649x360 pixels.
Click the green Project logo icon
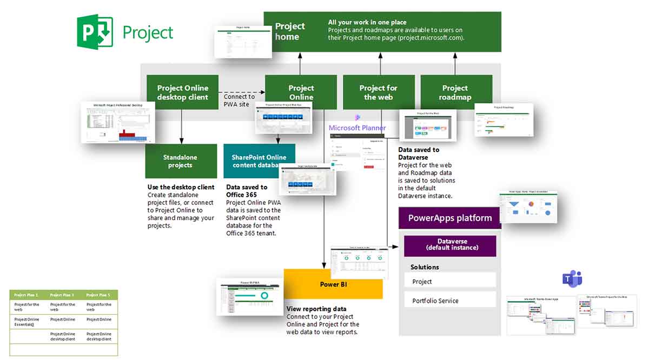pyautogui.click(x=95, y=32)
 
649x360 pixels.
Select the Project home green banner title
pyautogui.click(x=290, y=31)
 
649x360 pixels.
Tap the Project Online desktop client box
pyautogui.click(x=182, y=92)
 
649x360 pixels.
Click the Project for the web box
pyautogui.click(x=378, y=92)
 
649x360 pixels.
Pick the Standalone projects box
pyautogui.click(x=181, y=161)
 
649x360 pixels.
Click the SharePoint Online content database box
pyautogui.click(x=259, y=161)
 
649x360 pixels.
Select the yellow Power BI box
pyautogui.click(x=333, y=284)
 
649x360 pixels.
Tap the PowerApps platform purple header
pyautogui.click(x=449, y=218)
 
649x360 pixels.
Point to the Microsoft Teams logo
pyautogui.click(x=572, y=279)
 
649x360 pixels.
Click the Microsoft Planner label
pyautogui.click(x=357, y=128)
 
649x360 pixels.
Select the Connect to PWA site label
pyautogui.click(x=239, y=101)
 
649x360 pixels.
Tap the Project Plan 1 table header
pyautogui.click(x=27, y=295)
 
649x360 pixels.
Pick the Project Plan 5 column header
pyautogui.click(x=98, y=295)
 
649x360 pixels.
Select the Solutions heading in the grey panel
pyautogui.click(x=425, y=267)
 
